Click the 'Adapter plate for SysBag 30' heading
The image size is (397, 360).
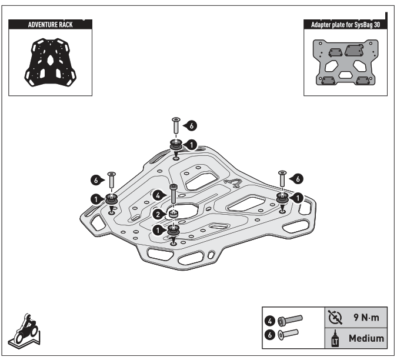pos(345,24)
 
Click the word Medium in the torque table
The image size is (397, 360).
pos(365,338)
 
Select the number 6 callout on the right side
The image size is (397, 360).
pos(298,177)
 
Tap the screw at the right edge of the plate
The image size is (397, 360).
pos(282,178)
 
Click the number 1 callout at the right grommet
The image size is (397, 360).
pos(298,198)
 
